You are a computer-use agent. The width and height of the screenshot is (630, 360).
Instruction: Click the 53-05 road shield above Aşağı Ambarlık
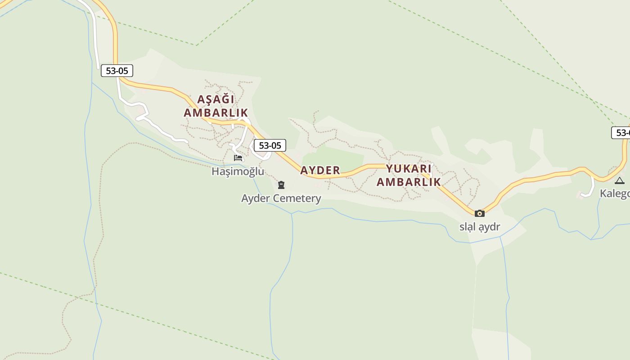click(117, 71)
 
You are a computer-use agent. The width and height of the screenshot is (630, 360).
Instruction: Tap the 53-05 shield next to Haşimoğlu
click(270, 145)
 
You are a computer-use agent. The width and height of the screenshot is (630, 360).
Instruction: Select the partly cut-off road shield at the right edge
click(621, 133)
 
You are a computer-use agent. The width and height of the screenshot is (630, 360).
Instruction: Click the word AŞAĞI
click(216, 99)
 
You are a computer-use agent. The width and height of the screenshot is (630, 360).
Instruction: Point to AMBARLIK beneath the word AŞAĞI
click(216, 112)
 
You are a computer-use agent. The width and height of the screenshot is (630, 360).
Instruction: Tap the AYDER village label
click(320, 170)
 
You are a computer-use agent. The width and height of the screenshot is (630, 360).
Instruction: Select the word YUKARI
click(409, 169)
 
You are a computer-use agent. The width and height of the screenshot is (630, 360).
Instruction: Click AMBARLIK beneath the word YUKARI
click(409, 182)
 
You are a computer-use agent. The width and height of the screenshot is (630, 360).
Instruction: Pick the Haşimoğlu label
click(238, 171)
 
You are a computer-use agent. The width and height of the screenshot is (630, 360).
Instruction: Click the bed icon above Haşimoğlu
click(238, 158)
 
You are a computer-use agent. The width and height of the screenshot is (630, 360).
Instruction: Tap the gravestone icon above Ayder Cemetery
click(281, 185)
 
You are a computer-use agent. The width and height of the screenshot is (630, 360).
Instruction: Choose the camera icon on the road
click(480, 213)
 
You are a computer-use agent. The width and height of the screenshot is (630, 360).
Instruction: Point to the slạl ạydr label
click(480, 227)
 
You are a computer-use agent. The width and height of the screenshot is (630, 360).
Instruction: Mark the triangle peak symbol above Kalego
click(620, 181)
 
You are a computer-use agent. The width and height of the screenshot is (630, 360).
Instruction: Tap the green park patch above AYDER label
click(333, 157)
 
